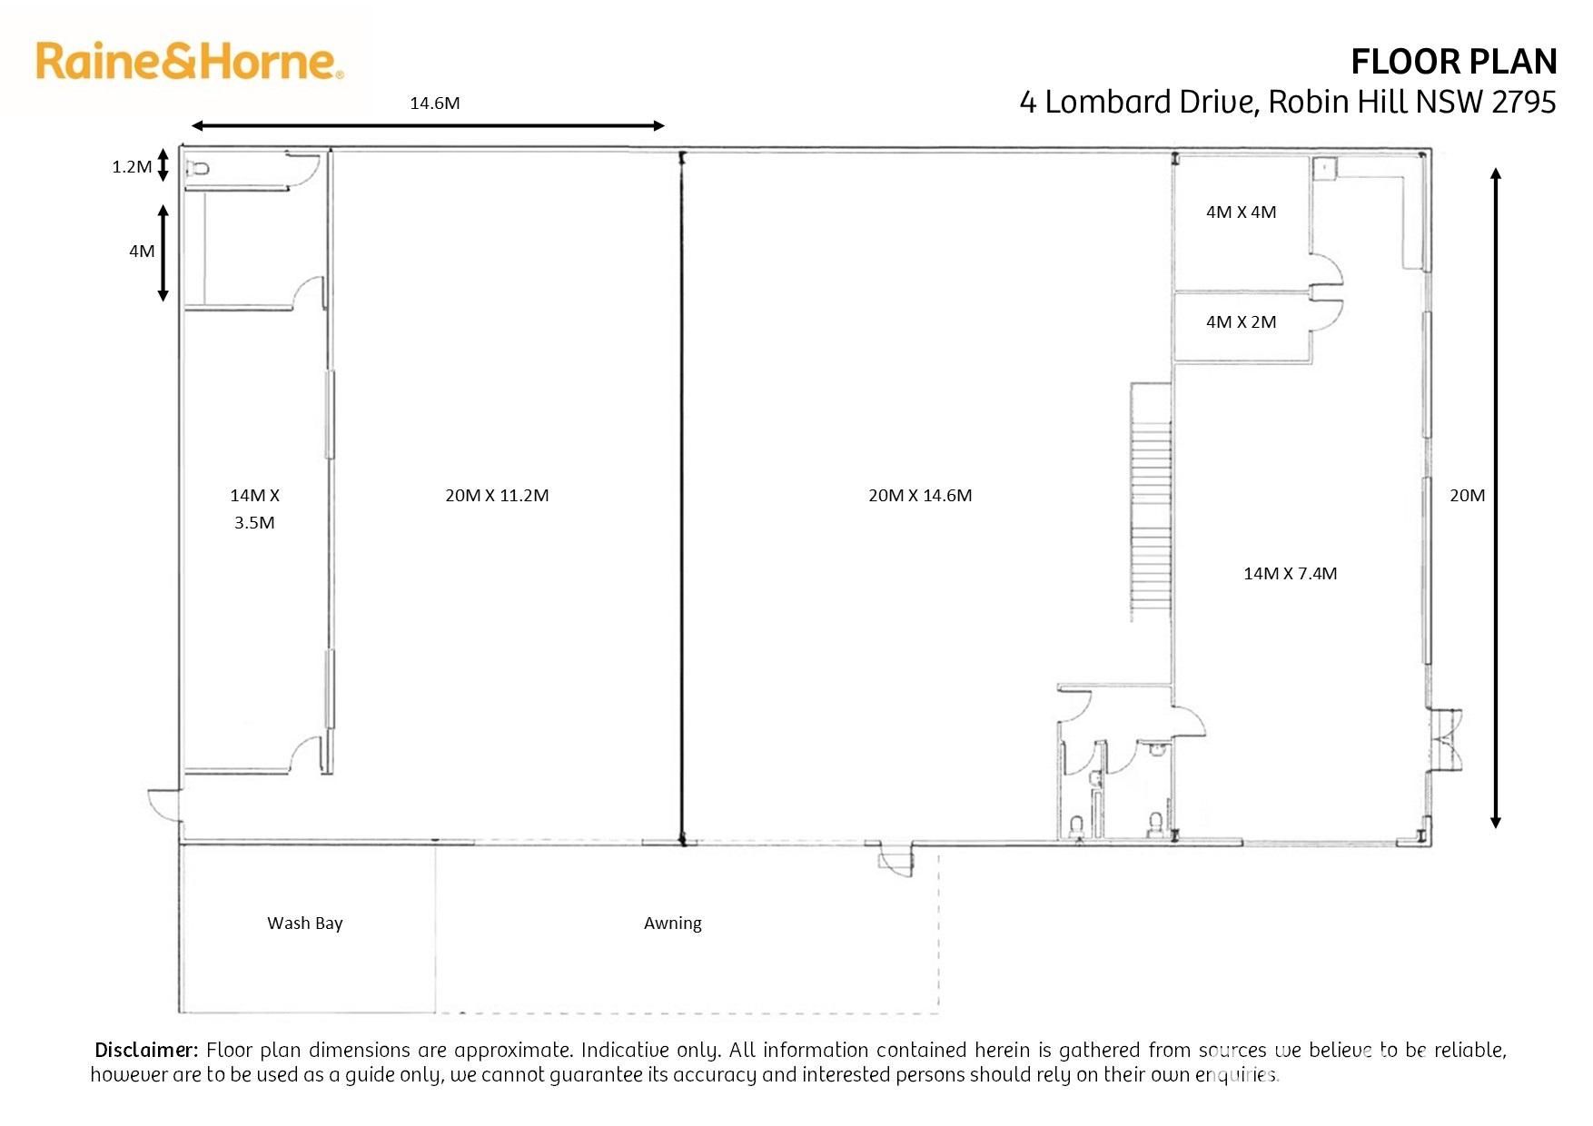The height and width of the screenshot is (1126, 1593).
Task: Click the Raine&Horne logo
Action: pyautogui.click(x=190, y=61)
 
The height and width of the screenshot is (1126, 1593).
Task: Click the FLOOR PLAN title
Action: pyautogui.click(x=1454, y=62)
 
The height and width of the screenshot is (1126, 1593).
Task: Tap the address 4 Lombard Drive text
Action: pyautogui.click(x=1139, y=102)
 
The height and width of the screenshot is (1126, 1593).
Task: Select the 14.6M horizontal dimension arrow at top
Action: pyautogui.click(x=428, y=126)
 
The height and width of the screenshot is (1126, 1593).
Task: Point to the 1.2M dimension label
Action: pyautogui.click(x=132, y=166)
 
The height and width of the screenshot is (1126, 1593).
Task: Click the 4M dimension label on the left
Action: pyautogui.click(x=142, y=251)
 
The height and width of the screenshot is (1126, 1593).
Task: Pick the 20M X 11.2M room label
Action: pyautogui.click(x=497, y=495)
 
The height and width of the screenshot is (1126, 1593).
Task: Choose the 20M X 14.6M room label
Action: pyautogui.click(x=920, y=495)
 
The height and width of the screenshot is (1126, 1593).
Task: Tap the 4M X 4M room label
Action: pyautogui.click(x=1241, y=212)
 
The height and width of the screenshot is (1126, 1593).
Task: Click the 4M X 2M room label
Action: pyautogui.click(x=1241, y=321)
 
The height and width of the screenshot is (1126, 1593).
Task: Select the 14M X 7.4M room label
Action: pyautogui.click(x=1290, y=573)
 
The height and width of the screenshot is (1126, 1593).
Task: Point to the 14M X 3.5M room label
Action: pyautogui.click(x=254, y=509)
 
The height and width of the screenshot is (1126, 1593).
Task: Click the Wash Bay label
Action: pyautogui.click(x=305, y=924)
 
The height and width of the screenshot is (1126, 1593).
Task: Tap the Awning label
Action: pyautogui.click(x=673, y=924)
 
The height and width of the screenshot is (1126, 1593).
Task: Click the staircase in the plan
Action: pyautogui.click(x=1151, y=501)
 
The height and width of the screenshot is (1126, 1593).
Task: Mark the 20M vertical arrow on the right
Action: pyautogui.click(x=1496, y=498)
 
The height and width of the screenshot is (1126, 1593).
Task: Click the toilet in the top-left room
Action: pyautogui.click(x=198, y=168)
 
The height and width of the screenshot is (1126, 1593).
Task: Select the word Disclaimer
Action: pyautogui.click(x=146, y=1051)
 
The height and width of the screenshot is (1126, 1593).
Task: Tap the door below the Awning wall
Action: pyautogui.click(x=895, y=859)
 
